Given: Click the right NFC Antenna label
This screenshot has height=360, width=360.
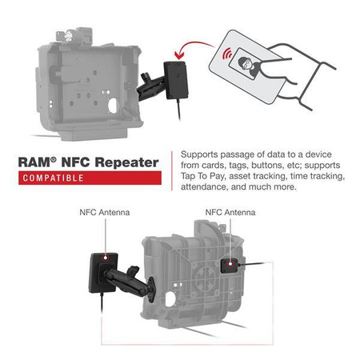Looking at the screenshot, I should point(230,214).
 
